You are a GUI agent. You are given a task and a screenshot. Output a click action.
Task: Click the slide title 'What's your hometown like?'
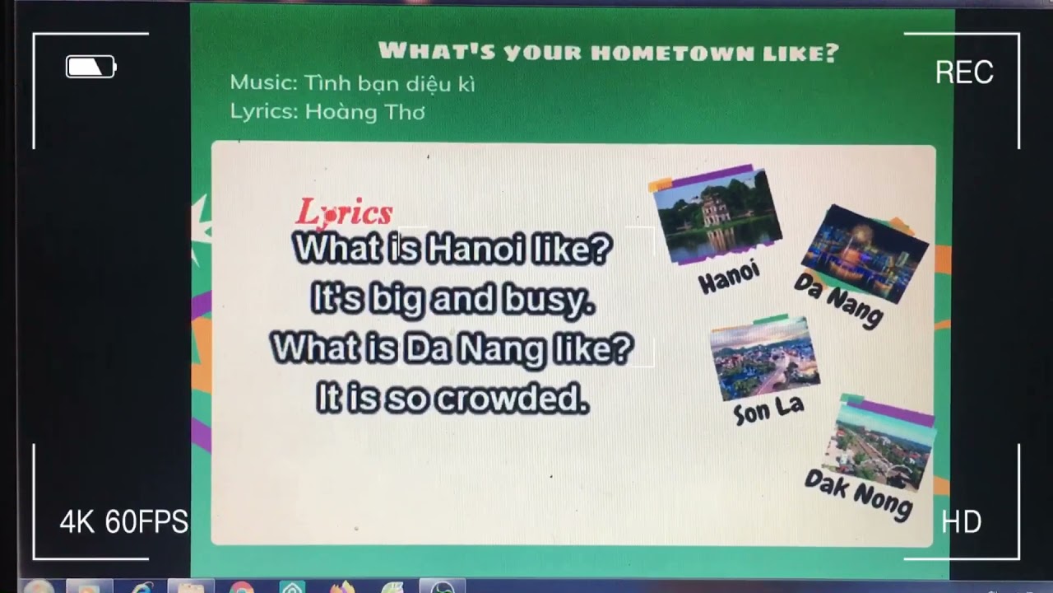pos(608,53)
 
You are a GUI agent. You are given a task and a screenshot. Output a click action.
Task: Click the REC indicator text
pos(964,72)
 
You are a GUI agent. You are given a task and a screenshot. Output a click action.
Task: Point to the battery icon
pos(90,67)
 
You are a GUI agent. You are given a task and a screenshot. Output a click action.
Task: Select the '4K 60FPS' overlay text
pos(123,522)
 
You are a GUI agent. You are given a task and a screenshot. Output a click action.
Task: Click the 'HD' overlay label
pos(961,522)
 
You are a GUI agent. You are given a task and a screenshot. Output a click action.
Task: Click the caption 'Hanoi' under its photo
pos(729,278)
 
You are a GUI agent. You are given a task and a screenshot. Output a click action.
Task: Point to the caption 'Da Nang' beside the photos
pos(838,300)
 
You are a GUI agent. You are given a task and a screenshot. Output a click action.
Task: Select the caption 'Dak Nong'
pos(858,493)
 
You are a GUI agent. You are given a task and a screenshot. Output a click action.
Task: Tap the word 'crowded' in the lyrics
pos(512,400)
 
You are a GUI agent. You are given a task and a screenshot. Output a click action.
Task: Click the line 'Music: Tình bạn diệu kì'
pos(352,83)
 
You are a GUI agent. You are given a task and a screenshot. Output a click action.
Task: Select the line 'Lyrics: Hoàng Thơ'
pos(327,112)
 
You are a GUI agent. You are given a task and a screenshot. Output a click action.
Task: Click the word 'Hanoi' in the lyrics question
pos(475,250)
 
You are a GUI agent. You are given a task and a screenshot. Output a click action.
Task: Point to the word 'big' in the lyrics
pos(396,301)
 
